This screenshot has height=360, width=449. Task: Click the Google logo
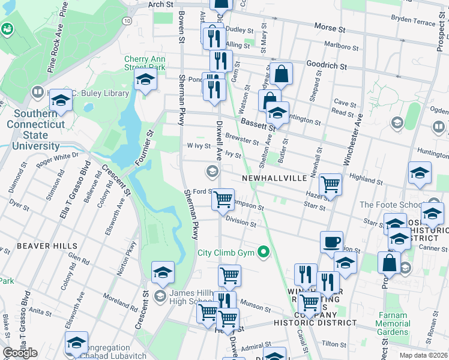tap(20, 353)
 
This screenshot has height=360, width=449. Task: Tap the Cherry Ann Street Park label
tap(144, 63)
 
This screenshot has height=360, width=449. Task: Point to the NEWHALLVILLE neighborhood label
tap(274, 179)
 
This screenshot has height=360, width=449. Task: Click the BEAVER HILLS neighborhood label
tap(47, 246)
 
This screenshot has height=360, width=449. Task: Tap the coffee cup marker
tap(331, 242)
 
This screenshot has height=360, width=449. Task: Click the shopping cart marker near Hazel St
tap(330, 185)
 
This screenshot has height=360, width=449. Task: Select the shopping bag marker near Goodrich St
tap(281, 74)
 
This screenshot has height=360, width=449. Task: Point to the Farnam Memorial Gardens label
tap(393, 323)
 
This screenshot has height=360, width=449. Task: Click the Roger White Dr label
tap(58, 159)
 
